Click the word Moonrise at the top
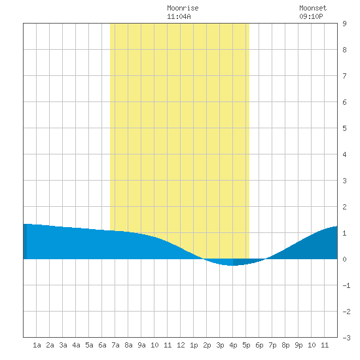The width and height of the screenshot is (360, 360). (x=183, y=9)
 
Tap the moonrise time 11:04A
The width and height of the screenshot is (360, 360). (x=179, y=16)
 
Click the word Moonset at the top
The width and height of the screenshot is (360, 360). (x=313, y=9)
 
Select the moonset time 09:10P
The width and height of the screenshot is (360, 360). (x=311, y=16)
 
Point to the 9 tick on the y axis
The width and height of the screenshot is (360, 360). (x=344, y=24)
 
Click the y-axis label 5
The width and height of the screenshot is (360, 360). (x=344, y=128)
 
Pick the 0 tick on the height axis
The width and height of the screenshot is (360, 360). (x=344, y=259)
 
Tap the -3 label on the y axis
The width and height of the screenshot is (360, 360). (x=346, y=338)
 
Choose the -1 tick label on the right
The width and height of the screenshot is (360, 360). (x=346, y=285)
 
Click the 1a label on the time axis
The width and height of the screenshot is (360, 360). (x=37, y=345)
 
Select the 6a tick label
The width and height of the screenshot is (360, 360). (x=102, y=345)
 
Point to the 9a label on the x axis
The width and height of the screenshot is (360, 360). (x=141, y=345)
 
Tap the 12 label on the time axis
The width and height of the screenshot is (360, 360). (x=181, y=345)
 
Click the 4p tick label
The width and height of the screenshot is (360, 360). (x=233, y=345)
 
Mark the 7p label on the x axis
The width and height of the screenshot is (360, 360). (x=272, y=345)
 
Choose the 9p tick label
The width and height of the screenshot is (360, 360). (x=298, y=345)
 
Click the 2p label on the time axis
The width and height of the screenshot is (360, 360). (x=207, y=345)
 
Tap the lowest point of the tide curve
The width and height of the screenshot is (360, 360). (x=232, y=265)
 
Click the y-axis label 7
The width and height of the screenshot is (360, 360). (x=344, y=76)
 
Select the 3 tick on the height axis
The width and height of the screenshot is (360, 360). (x=344, y=181)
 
